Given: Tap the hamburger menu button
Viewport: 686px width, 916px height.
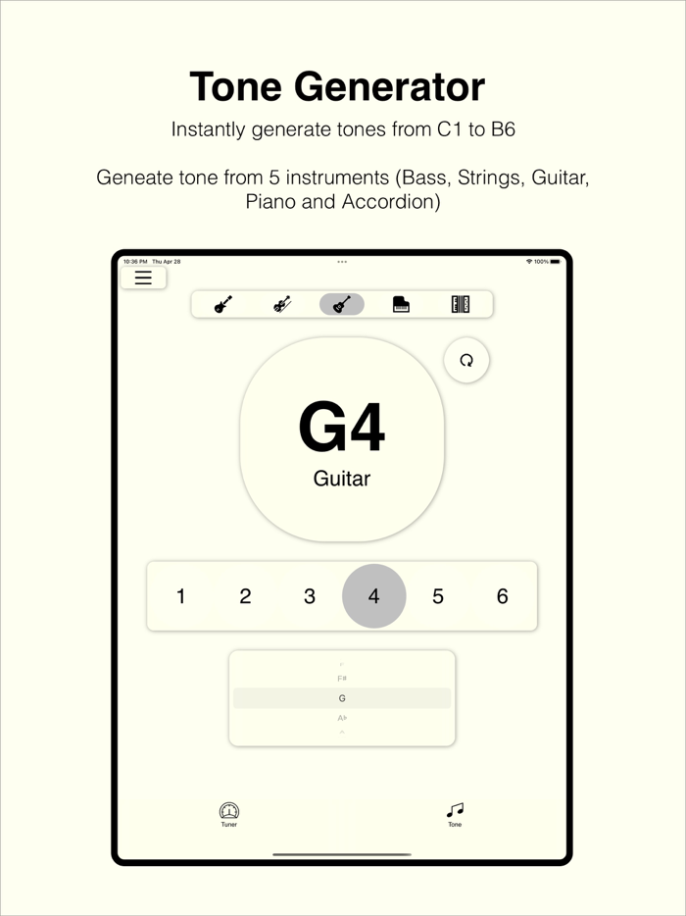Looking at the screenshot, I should [143, 278].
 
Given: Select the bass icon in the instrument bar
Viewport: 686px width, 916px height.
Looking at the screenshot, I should [223, 304].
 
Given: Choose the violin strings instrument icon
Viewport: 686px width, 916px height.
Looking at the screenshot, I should [282, 304].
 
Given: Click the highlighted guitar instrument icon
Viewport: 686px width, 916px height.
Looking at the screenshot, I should [342, 304].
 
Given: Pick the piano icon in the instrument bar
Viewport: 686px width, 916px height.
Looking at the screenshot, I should [401, 304].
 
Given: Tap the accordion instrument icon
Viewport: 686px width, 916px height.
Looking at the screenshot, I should [461, 304].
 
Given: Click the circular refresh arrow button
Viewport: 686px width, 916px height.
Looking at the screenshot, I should [466, 360].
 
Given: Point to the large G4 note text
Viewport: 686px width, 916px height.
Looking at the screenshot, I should [342, 429].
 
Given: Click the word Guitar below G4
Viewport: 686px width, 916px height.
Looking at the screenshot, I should [342, 480].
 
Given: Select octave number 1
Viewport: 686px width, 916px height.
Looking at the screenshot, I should [181, 596].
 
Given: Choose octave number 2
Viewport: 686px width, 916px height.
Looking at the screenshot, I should [245, 596].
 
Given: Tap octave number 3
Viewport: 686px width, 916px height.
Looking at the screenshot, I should [310, 596].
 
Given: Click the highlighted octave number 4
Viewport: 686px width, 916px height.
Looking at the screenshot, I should [373, 596].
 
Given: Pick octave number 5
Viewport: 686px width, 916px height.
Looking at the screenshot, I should [438, 596].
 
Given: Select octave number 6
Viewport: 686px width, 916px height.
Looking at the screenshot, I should [503, 596].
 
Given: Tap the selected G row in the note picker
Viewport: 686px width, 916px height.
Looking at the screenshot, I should [342, 698].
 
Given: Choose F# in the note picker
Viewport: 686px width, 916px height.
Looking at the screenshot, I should [342, 679].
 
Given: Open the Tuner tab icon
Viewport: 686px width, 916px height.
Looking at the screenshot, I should [229, 811].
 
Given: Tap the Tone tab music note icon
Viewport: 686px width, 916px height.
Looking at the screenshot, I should [455, 810].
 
